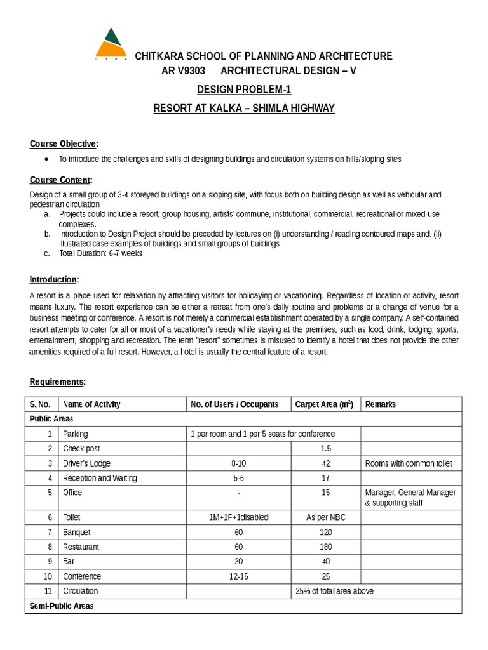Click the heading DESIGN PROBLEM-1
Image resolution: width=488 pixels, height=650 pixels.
(x=244, y=90)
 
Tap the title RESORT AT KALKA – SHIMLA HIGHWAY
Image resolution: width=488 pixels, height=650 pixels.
(x=244, y=109)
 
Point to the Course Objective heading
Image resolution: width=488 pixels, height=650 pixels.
(x=64, y=143)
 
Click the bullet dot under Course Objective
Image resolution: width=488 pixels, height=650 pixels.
(x=48, y=159)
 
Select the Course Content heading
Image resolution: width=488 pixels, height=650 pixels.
(x=61, y=180)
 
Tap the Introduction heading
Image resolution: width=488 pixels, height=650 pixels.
(x=55, y=279)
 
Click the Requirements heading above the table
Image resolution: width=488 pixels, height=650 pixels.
(x=58, y=381)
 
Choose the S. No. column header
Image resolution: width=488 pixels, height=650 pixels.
(x=39, y=404)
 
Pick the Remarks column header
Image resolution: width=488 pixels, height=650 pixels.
(x=381, y=404)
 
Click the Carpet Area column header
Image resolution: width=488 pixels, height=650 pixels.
(x=324, y=404)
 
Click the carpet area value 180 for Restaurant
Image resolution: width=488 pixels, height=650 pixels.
(x=325, y=547)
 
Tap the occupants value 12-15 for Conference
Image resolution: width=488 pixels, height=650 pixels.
(x=238, y=576)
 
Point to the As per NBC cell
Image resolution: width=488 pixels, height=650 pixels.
(x=325, y=517)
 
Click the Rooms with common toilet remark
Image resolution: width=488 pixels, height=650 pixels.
(x=409, y=463)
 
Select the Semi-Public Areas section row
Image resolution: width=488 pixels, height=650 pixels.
(x=62, y=606)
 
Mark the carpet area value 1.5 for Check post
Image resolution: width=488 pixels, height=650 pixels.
(x=325, y=449)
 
